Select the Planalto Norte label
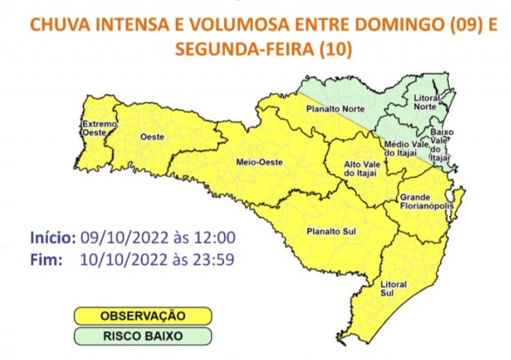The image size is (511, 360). coord(331,109)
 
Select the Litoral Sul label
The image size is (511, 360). coord(389,287)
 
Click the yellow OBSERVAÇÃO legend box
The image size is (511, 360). coord(142,315)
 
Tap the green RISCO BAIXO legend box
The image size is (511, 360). coord(142,334)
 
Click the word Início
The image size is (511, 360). coord(53,238)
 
